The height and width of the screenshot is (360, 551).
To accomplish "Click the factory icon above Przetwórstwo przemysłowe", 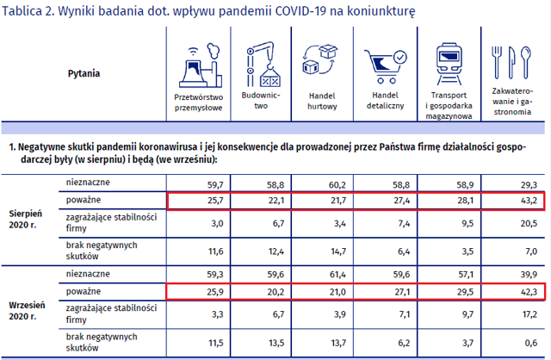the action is pyautogui.click(x=201, y=65).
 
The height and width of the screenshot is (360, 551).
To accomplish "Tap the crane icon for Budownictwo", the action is pyautogui.click(x=263, y=64).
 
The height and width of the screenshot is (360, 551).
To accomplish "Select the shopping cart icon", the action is pyautogui.click(x=385, y=67).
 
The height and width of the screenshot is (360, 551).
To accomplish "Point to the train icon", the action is pyautogui.click(x=449, y=64).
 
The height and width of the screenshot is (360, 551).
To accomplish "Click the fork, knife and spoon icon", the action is pyautogui.click(x=511, y=62).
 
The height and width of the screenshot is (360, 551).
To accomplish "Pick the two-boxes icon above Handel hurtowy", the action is pyautogui.click(x=319, y=59).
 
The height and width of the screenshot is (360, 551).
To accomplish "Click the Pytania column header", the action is pyautogui.click(x=84, y=73).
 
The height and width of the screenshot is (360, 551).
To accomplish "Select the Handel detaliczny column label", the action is pyautogui.click(x=385, y=101).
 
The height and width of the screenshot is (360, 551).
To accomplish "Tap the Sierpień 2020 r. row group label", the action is pyautogui.click(x=25, y=220).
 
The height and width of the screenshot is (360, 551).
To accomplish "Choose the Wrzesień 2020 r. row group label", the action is pyautogui.click(x=27, y=311).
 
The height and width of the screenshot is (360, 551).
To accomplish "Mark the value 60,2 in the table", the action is pyautogui.click(x=337, y=185).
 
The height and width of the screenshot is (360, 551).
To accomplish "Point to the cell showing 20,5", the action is pyautogui.click(x=529, y=224).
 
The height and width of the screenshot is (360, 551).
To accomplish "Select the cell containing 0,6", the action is pyautogui.click(x=530, y=343).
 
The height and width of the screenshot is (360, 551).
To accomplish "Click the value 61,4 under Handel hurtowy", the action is pyautogui.click(x=337, y=274).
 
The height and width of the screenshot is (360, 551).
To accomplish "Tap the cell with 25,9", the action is pyautogui.click(x=215, y=292).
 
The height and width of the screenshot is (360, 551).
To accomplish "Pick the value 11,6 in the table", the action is pyautogui.click(x=215, y=251).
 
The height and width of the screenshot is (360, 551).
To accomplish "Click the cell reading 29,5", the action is pyautogui.click(x=465, y=292).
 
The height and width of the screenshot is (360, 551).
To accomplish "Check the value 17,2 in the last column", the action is pyautogui.click(x=529, y=314).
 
